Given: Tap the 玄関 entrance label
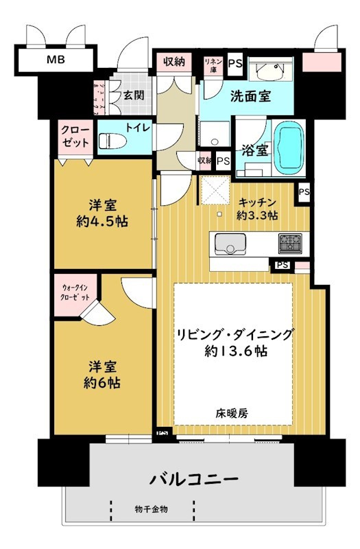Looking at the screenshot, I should [134, 95].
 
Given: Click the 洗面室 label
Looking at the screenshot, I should [250, 96].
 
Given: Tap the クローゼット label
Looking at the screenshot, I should [75, 137].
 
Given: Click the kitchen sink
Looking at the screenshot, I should [230, 243].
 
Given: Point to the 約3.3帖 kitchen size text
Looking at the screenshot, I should [257, 215].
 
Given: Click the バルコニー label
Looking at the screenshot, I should [190, 478].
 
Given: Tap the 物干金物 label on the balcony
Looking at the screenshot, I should [152, 509].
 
